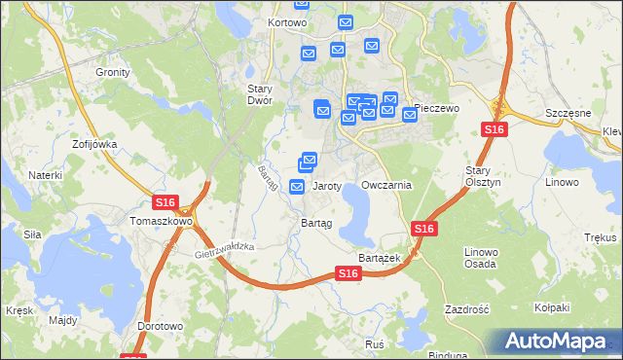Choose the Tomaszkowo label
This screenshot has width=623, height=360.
pos(161,221)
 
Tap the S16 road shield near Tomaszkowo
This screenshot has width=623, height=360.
pos(165,202)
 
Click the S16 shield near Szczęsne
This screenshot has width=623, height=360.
pos(494,129)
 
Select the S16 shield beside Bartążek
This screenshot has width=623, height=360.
pos(422,228)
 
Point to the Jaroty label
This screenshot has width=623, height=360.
pos(326,185)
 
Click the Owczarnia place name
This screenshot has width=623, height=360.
pos(386,185)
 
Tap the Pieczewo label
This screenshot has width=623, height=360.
pos(435,107)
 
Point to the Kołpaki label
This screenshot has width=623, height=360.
pos(552,308)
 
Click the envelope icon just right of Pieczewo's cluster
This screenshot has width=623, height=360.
pos(410,115)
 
